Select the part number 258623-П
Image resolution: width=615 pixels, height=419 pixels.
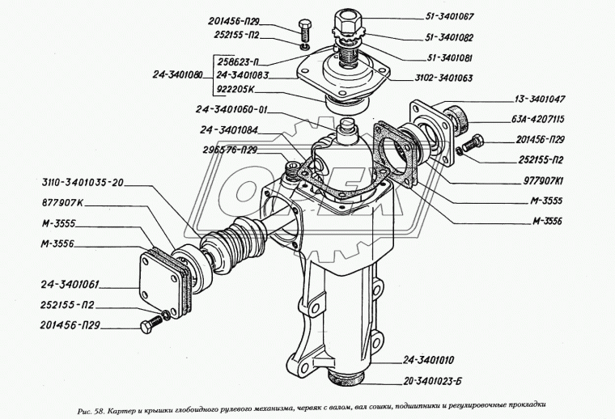pos(243,61)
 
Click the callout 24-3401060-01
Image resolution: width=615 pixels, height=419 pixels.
pos(232,111)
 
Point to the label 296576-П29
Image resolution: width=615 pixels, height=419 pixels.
pos(231,150)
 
